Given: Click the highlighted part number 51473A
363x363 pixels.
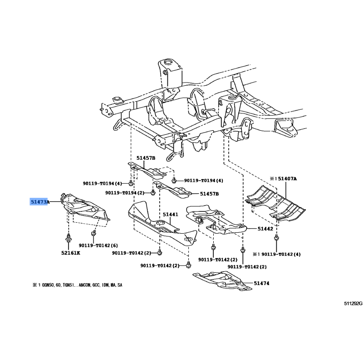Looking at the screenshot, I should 39,201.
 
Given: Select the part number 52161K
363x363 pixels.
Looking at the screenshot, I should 70,253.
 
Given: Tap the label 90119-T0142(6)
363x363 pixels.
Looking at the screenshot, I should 98,245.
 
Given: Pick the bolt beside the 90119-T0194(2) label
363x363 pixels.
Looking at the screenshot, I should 153,192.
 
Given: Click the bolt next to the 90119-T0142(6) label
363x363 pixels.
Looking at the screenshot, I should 93,234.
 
